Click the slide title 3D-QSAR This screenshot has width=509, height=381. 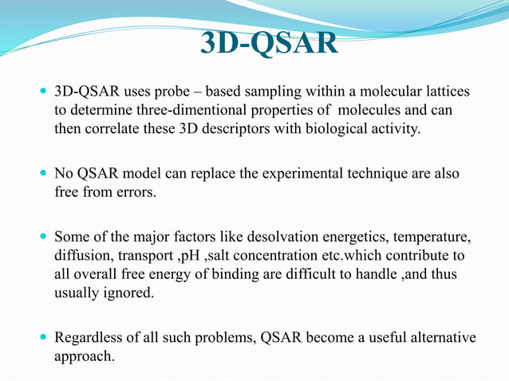point(268,45)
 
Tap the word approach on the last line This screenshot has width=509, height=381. point(83,355)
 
